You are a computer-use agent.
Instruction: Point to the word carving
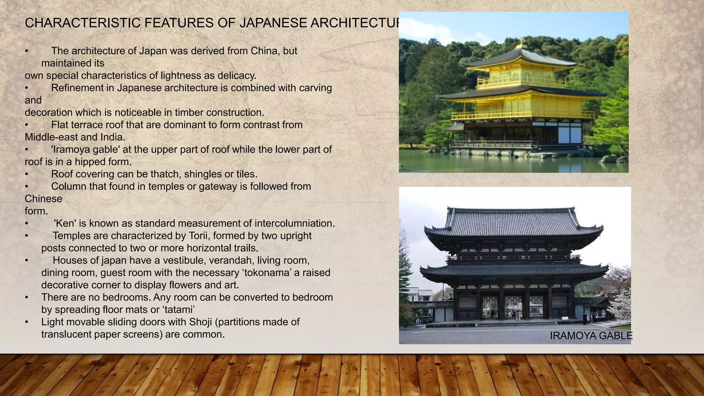click(315, 88)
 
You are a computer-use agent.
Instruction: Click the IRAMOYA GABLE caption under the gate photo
click(591, 336)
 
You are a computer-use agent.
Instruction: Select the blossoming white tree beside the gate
click(620, 302)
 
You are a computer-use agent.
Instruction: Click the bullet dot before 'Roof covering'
click(26, 175)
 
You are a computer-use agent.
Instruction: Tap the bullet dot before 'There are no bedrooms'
click(26, 298)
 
